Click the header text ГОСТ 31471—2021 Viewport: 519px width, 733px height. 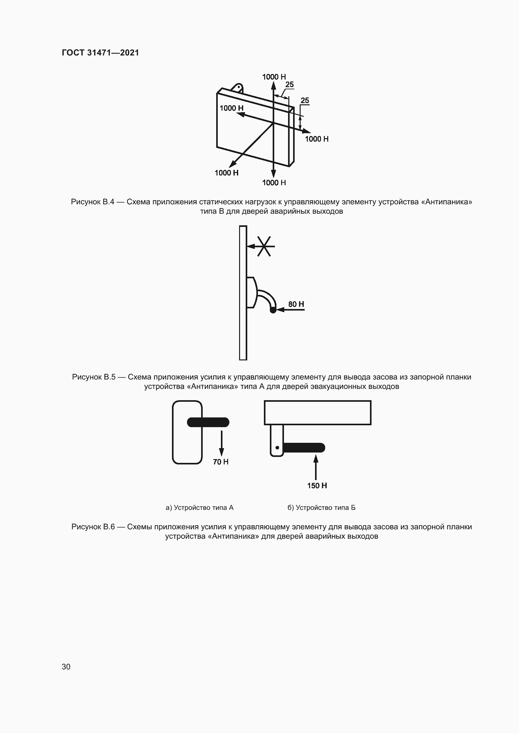pyautogui.click(x=100, y=53)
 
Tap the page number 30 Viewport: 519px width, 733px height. pyautogui.click(x=66, y=667)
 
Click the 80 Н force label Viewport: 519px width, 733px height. pyautogui.click(x=296, y=304)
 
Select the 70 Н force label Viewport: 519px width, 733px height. pyautogui.click(x=221, y=462)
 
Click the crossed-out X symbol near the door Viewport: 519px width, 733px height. pyautogui.click(x=264, y=246)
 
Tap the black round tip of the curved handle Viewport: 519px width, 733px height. pyautogui.click(x=273, y=310)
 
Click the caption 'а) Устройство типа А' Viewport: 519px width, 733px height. pyautogui.click(x=200, y=508)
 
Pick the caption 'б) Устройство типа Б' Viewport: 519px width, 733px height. pyautogui.click(x=321, y=508)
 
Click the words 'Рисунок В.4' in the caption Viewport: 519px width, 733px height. pyautogui.click(x=92, y=202)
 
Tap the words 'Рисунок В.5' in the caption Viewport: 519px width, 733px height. pyautogui.click(x=93, y=377)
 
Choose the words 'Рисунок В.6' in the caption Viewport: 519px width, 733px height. pyautogui.click(x=93, y=527)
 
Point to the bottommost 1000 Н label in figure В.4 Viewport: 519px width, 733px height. pyautogui.click(x=274, y=183)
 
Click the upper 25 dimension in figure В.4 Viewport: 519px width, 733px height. pyautogui.click(x=289, y=85)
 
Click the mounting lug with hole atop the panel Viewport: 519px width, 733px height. pyautogui.click(x=238, y=87)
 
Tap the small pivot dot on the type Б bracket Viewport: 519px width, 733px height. pyautogui.click(x=277, y=448)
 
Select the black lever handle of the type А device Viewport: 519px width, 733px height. pyautogui.click(x=208, y=422)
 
